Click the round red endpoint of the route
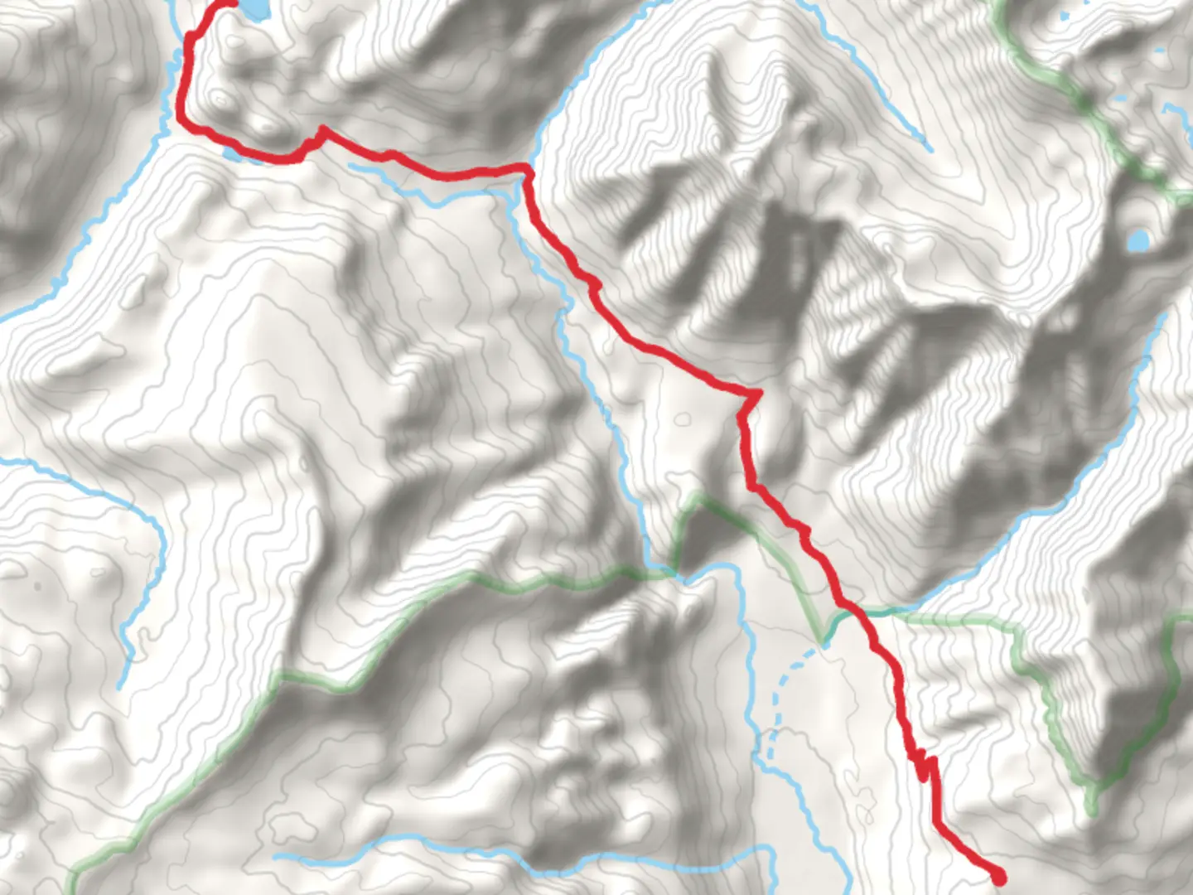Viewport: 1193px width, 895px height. pyautogui.click(x=998, y=876)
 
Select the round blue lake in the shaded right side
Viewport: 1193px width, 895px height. pyautogui.click(x=1138, y=241)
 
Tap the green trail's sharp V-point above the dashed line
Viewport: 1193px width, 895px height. pyautogui.click(x=824, y=641)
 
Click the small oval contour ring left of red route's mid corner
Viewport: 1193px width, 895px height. pyautogui.click(x=682, y=419)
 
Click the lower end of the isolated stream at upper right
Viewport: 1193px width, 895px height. pyautogui.click(x=930, y=150)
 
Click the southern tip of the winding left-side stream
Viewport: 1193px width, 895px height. pyautogui.click(x=122, y=687)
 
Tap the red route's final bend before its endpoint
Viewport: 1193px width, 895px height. pyautogui.click(x=939, y=825)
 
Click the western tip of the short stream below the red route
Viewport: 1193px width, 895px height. pyautogui.click(x=351, y=167)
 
